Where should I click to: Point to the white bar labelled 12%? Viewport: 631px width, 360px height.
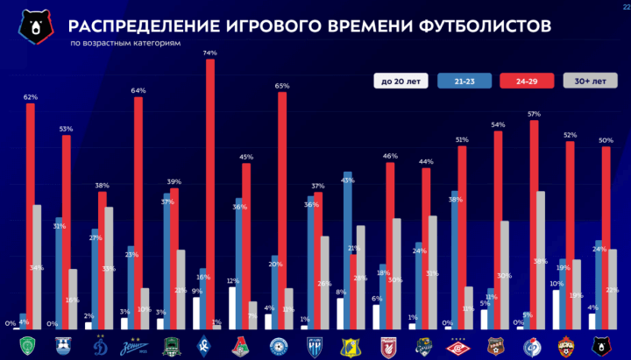(x=232, y=307)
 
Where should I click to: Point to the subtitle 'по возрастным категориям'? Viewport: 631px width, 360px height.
(x=124, y=42)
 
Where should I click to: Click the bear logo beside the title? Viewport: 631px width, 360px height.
(x=34, y=27)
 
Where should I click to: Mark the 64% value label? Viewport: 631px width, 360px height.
(x=138, y=90)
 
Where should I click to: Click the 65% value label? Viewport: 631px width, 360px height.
(x=282, y=86)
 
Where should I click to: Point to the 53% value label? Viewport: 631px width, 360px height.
(x=66, y=129)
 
